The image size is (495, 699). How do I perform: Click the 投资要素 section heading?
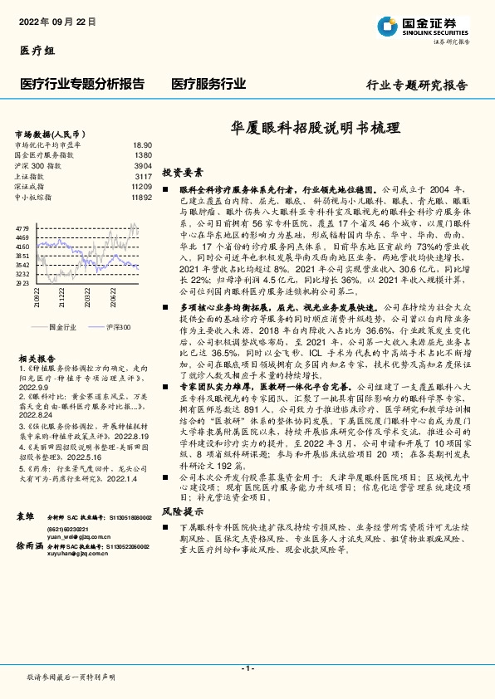tap(183, 173)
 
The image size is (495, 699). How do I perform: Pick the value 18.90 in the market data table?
tap(142, 144)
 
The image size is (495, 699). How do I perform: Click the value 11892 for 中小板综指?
tap(140, 198)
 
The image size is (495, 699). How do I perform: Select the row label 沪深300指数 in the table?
tap(39, 166)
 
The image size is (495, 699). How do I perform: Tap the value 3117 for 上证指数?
tap(143, 177)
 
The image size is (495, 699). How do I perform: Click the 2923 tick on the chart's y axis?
tap(22, 282)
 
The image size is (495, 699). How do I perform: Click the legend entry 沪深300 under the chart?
tap(116, 328)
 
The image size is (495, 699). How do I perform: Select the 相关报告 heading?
tap(36, 355)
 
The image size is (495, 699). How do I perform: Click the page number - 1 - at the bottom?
tap(247, 667)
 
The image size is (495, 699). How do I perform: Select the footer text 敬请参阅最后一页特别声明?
tap(71, 678)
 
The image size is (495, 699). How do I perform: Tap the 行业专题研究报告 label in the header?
tap(417, 86)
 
